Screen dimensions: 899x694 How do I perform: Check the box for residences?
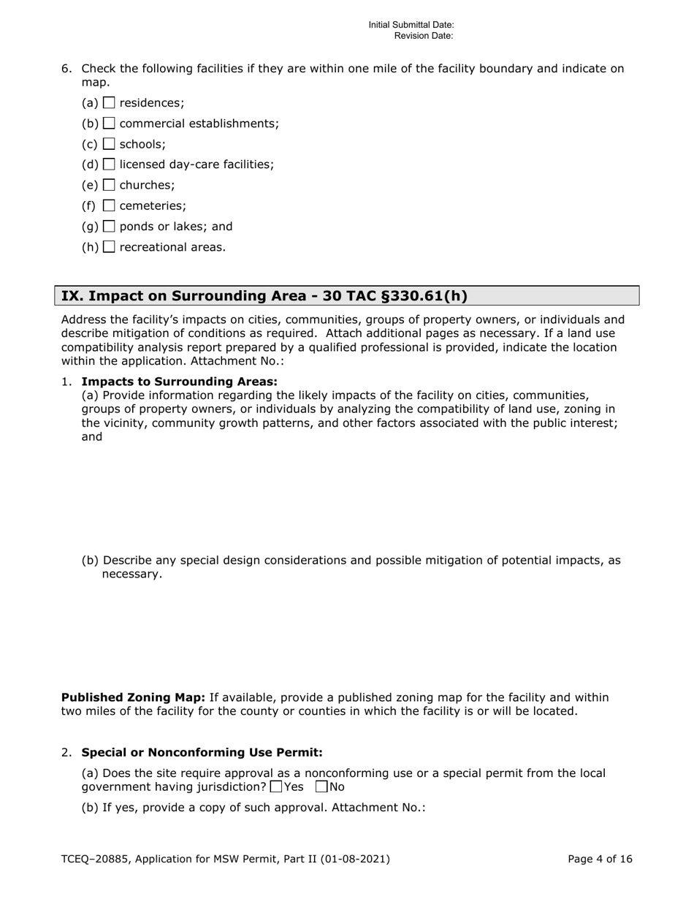[x=110, y=103]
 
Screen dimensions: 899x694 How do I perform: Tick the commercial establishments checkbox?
[x=110, y=124]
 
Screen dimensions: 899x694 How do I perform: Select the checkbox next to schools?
[x=110, y=144]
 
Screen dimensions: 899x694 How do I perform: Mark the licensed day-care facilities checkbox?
[x=110, y=164]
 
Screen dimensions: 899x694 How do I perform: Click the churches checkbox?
[x=110, y=185]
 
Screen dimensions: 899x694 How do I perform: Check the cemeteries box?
[x=110, y=205]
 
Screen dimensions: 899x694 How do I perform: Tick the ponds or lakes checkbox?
[x=110, y=227]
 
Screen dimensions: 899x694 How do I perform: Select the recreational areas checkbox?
[x=110, y=247]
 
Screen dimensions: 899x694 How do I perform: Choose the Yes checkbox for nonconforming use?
[x=275, y=787]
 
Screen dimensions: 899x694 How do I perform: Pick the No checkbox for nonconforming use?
[x=321, y=787]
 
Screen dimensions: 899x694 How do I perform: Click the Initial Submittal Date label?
[x=411, y=25]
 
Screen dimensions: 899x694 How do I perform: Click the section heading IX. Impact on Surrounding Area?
[x=264, y=296]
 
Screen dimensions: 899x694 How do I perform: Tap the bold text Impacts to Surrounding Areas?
[x=179, y=382]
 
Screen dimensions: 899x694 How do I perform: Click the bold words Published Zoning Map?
[x=133, y=697]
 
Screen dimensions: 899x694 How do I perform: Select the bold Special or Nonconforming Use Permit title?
[x=202, y=752]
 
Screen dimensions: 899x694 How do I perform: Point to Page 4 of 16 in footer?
[x=600, y=860]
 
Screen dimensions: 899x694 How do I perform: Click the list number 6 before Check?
[x=66, y=69]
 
